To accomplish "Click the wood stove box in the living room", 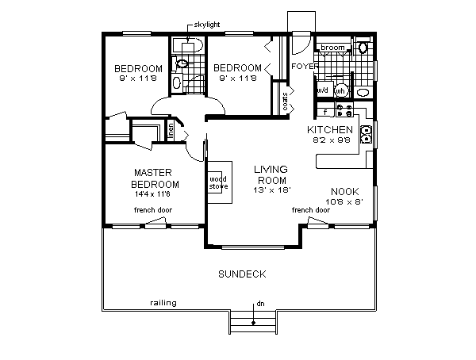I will coord(218,184).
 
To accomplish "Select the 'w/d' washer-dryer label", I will coord(323,90).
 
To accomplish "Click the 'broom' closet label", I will coord(333,48).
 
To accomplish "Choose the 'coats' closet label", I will coord(285,101).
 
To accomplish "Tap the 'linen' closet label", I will coord(170,130).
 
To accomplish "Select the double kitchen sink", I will coord(367,135).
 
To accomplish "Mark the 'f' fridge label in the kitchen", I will coord(325,110).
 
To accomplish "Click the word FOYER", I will coord(304,67).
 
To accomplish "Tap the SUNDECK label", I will coord(241,274).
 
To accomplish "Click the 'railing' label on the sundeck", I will coord(163,303).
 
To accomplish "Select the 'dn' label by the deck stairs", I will coord(259,304).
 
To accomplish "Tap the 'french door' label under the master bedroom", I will coord(153,209).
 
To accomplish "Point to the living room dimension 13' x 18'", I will coord(271,191).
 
